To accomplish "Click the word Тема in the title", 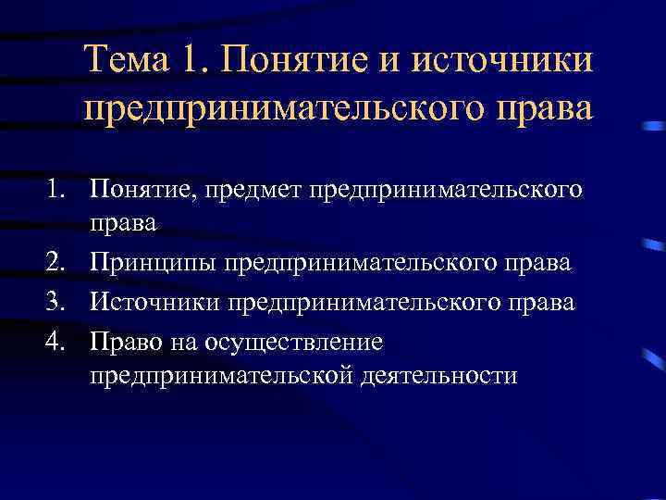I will tap(125, 63).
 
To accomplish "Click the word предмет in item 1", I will tap(265, 191).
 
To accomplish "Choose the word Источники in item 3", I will tap(155, 302).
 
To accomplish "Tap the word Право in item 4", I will tap(121, 342).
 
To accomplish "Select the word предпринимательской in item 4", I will tap(217, 377).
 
